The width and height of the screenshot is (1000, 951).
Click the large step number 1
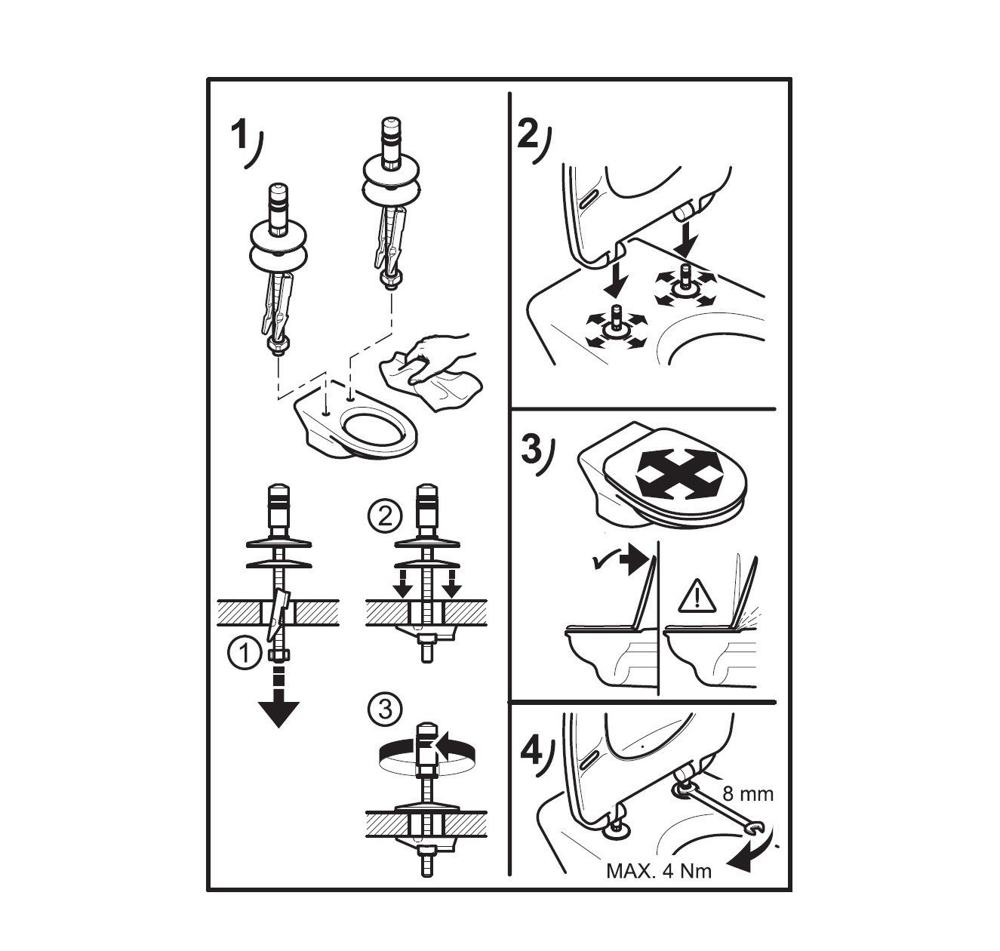coord(238,134)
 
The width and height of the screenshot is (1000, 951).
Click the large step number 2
coord(528,134)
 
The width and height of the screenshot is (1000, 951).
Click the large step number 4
coord(531,750)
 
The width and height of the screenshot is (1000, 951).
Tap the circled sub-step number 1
coord(245,653)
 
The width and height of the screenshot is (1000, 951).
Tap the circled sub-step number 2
coord(385,518)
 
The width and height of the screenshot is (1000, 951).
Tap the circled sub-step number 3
coord(385,709)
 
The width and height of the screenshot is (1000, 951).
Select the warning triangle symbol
coord(697,596)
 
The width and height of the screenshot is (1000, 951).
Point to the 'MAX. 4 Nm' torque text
coord(659,871)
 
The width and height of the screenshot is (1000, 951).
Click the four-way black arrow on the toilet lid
coord(675,472)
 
